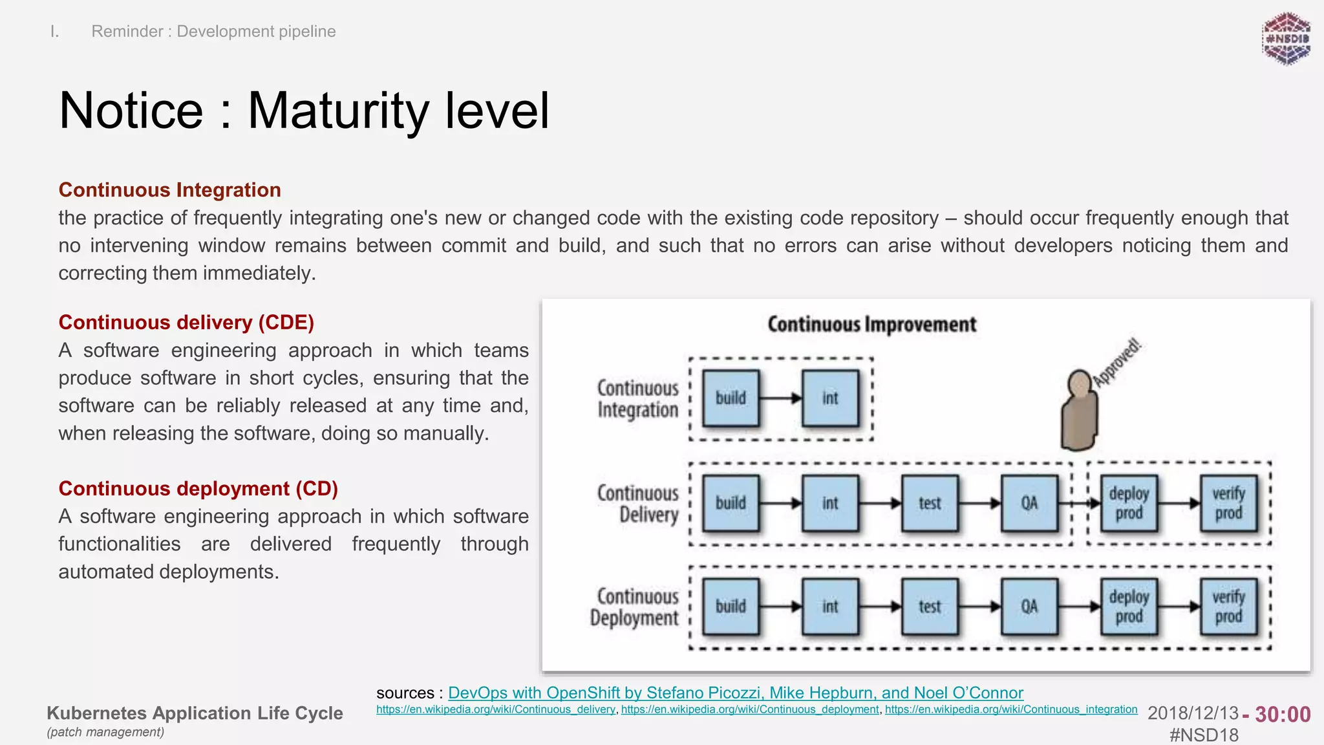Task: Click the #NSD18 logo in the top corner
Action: click(1286, 39)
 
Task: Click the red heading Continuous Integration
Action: click(169, 190)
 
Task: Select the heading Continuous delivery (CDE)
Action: click(186, 322)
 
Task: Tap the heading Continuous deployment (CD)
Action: click(198, 488)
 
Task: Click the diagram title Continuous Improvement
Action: click(871, 325)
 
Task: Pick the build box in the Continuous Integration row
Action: click(731, 398)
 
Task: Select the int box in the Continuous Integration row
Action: click(830, 398)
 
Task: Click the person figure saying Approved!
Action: click(1079, 411)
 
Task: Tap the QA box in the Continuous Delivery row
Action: click(1029, 503)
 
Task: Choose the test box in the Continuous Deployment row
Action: click(930, 607)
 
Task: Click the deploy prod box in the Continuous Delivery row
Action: click(1129, 503)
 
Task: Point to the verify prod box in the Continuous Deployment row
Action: click(1228, 607)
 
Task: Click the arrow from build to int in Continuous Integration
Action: click(780, 398)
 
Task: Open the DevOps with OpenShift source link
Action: click(735, 693)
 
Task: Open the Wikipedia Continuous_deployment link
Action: click(750, 709)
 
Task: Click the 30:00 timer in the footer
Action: click(1283, 715)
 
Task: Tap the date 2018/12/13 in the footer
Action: click(1193, 713)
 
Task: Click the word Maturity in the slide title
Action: click(339, 111)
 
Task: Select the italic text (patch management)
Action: click(105, 732)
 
